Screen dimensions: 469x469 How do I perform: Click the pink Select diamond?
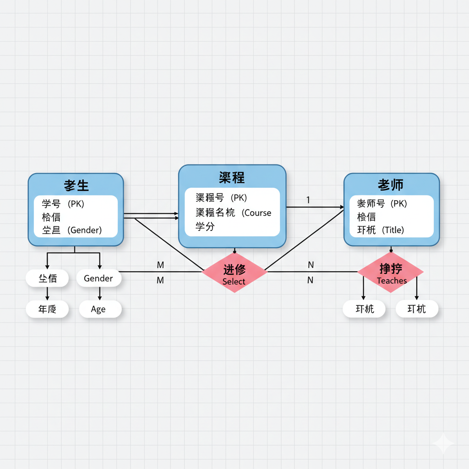click(x=234, y=272)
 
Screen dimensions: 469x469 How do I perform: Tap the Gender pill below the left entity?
click(x=98, y=278)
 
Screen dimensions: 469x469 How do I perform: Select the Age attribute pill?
click(x=98, y=309)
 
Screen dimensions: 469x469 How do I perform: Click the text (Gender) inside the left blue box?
click(x=85, y=230)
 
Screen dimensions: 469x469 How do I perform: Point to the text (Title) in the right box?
click(x=393, y=230)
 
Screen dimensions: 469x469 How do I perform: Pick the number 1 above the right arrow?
click(x=308, y=200)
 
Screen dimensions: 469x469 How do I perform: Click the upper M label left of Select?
click(x=160, y=265)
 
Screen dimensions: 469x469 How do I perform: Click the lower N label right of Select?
click(x=311, y=280)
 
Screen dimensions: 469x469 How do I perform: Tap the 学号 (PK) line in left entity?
click(x=63, y=203)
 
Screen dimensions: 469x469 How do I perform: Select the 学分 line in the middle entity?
click(x=205, y=227)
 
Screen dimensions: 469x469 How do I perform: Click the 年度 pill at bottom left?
click(x=47, y=309)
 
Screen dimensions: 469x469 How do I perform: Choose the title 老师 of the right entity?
click(x=391, y=185)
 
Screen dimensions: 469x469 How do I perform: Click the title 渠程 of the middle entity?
click(x=232, y=177)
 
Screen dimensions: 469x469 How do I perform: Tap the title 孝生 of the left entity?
click(x=76, y=185)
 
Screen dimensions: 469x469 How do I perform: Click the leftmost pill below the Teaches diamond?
click(x=365, y=309)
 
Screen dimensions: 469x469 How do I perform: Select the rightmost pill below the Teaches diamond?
click(x=417, y=309)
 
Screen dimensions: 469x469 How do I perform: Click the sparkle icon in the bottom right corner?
click(x=443, y=444)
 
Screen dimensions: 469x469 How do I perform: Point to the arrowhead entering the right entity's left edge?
click(x=341, y=207)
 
